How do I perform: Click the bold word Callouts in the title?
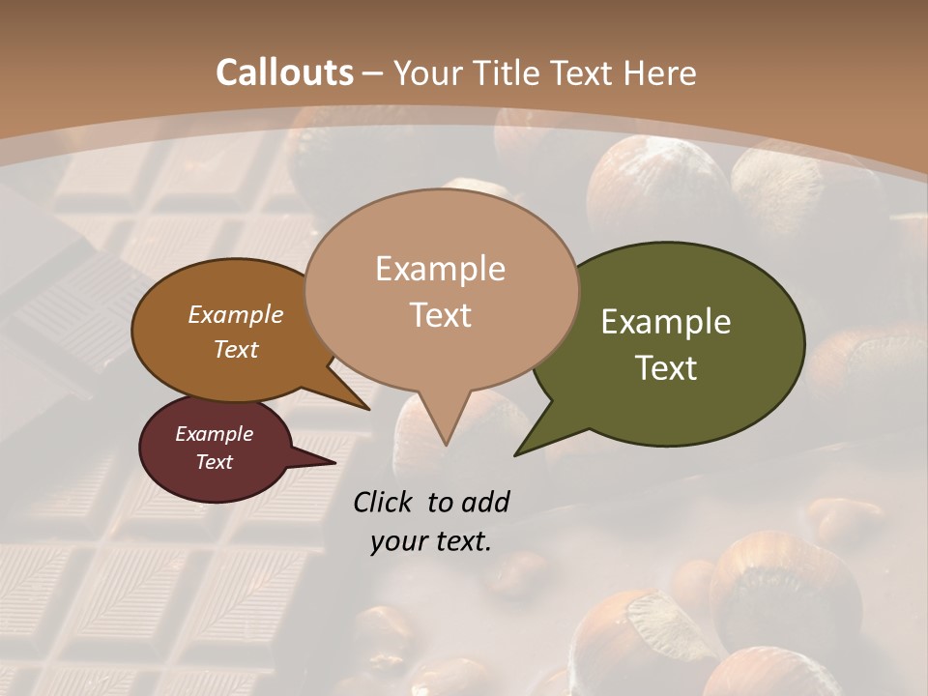point(284,72)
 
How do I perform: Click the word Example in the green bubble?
point(666,322)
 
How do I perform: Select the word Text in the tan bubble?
point(440,315)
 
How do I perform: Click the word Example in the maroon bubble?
point(214,434)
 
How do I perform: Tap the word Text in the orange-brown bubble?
point(236,349)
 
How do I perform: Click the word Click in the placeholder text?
point(384,502)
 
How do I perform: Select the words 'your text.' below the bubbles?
point(430,541)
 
